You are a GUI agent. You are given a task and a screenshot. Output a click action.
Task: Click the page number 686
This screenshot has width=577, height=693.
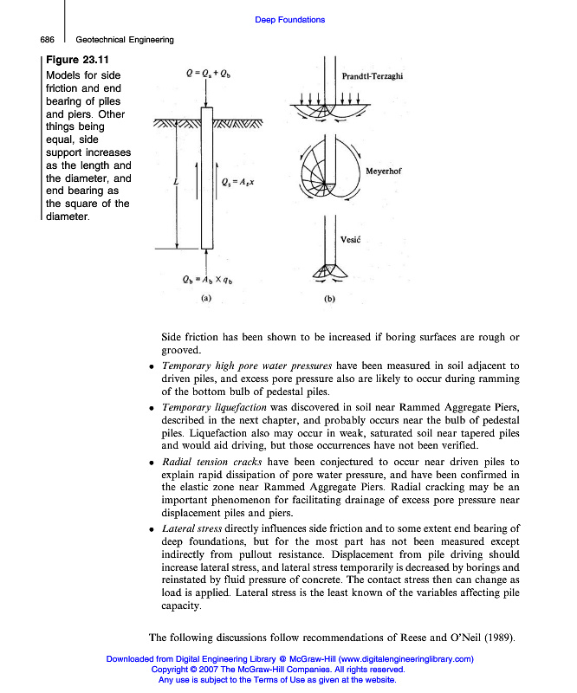47,39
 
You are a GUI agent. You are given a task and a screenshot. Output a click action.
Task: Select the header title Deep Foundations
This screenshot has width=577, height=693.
290,20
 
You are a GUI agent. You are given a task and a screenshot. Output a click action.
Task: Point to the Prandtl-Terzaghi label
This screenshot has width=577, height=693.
373,76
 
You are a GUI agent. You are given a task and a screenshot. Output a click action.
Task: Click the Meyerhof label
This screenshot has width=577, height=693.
384,172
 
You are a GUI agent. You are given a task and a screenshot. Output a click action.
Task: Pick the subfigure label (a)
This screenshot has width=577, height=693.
205,297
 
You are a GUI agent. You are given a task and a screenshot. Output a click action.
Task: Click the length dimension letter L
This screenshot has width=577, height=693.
176,182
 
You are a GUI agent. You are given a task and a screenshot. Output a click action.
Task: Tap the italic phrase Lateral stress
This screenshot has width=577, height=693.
191,528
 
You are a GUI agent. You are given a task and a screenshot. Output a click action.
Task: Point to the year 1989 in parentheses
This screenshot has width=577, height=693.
498,638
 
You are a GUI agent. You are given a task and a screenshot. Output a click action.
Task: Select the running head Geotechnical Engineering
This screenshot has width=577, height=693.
125,39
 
